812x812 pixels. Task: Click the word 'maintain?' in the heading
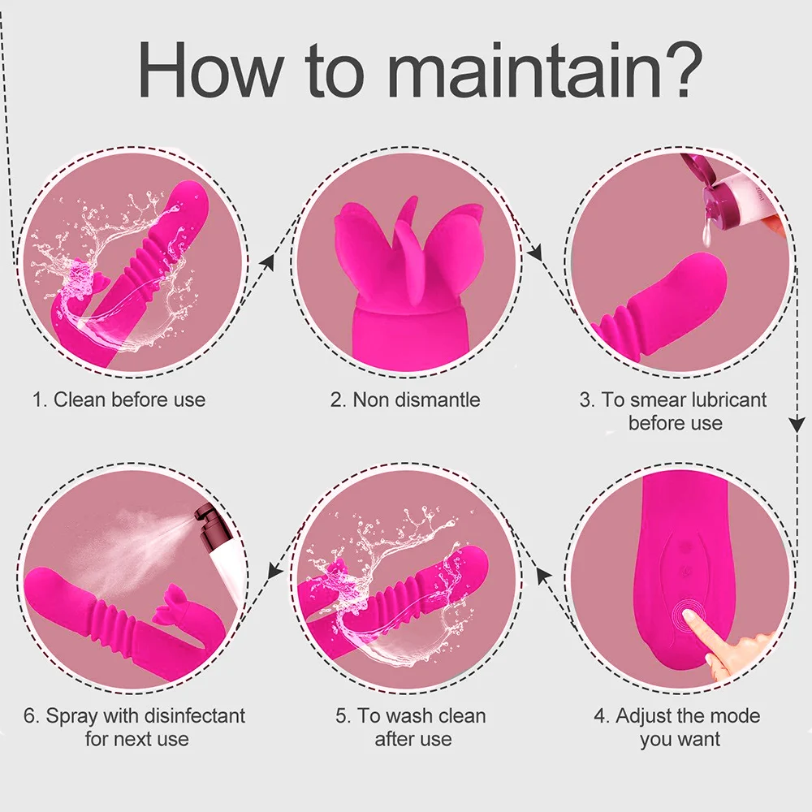point(545,69)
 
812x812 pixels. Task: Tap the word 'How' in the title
point(210,69)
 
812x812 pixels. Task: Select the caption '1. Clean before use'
point(119,400)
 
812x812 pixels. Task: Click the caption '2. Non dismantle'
point(405,400)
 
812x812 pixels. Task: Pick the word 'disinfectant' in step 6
point(194,715)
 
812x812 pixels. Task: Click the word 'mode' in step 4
point(736,715)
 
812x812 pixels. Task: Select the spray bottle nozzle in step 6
point(200,516)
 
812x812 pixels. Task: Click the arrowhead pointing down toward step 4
point(797,425)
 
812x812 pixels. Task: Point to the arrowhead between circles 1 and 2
point(267,262)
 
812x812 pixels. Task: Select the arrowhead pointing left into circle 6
point(275,572)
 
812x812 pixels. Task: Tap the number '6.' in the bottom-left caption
point(32,715)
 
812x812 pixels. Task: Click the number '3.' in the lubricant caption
point(587,400)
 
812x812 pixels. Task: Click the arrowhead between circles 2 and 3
point(534,253)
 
